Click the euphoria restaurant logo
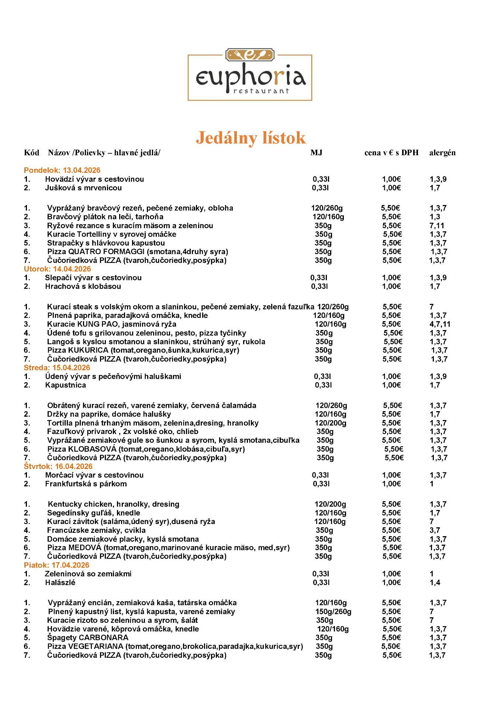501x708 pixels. (250, 75)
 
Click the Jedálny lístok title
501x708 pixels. (251, 138)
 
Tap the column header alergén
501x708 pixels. (442, 153)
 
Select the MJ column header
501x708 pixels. (316, 153)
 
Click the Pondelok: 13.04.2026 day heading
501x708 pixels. (62, 170)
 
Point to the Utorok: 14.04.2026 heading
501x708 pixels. (57, 269)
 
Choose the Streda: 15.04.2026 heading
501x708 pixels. (57, 368)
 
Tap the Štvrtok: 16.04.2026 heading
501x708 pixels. (58, 466)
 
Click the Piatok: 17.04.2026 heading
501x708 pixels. (56, 565)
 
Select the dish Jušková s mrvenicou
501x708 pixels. (83, 188)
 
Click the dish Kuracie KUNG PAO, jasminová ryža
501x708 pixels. (111, 324)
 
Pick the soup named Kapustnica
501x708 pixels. (65, 385)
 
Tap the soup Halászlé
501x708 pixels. (60, 582)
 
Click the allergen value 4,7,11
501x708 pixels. (440, 324)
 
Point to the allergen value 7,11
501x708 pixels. (437, 225)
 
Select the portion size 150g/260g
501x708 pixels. (333, 611)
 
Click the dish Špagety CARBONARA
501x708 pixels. (88, 638)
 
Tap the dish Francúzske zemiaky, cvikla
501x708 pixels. (96, 530)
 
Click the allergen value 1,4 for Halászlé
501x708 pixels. (435, 582)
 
